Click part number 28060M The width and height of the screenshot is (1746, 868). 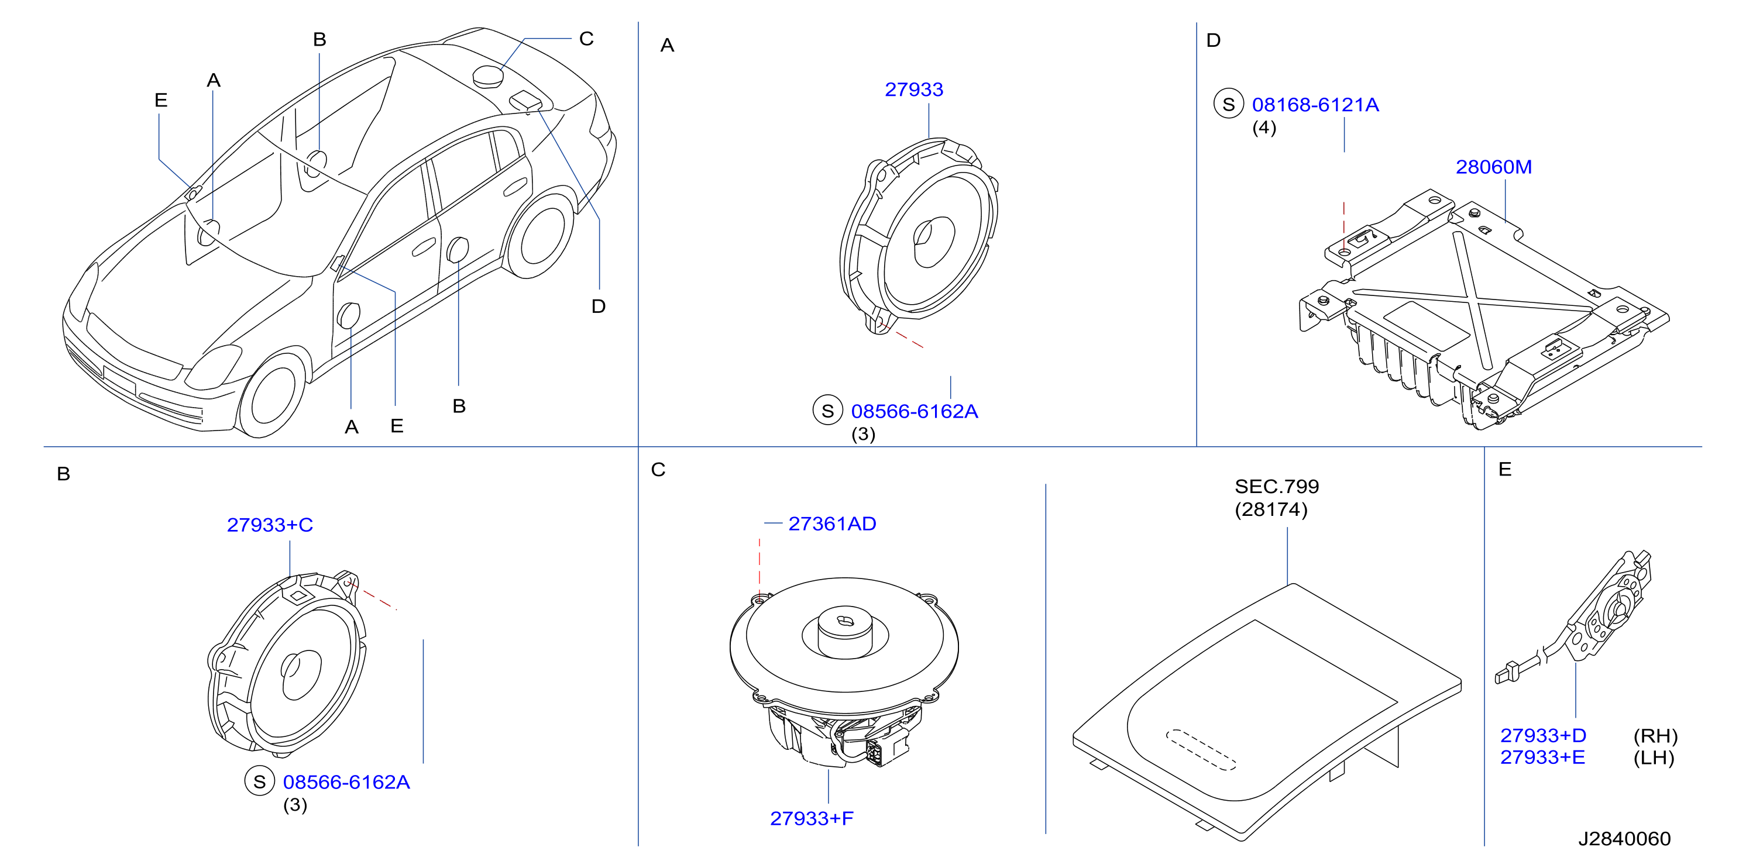1493,167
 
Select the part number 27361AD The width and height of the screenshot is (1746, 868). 831,523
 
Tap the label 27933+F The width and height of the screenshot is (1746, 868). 812,818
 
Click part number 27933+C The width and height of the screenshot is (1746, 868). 270,525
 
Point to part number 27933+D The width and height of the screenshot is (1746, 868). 1542,735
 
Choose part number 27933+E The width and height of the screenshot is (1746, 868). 1542,757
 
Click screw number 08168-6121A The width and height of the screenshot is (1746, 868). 1315,105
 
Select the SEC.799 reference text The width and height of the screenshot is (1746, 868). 1276,487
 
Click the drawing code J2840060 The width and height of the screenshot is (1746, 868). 1624,839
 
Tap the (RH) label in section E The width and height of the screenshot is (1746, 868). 1655,736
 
